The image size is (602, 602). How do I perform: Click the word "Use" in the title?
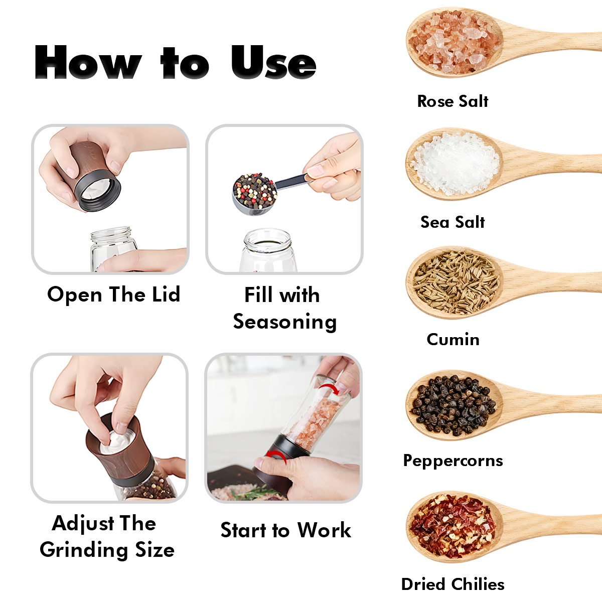click(274, 62)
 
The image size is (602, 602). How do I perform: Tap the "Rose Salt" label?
click(453, 101)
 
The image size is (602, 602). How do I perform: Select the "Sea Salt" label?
click(453, 222)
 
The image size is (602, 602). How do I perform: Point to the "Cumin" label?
click(453, 339)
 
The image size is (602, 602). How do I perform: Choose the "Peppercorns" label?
click(453, 461)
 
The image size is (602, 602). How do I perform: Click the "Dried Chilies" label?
click(453, 584)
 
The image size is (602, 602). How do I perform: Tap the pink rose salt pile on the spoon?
click(454, 42)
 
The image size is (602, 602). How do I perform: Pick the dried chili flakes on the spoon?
click(453, 526)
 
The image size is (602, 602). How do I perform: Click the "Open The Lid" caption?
click(114, 294)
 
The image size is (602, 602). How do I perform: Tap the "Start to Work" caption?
click(285, 530)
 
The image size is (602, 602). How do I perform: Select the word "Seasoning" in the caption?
click(285, 322)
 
